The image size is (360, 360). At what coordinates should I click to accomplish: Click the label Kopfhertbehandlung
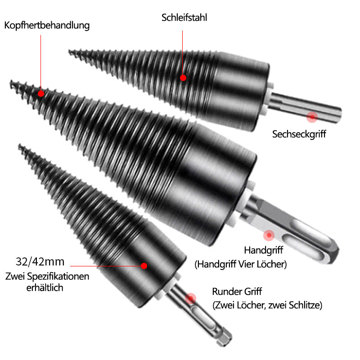47,25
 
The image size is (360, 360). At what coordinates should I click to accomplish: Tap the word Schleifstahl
184,18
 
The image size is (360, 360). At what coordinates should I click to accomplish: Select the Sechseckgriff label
299,134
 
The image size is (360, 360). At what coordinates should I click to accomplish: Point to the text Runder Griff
237,291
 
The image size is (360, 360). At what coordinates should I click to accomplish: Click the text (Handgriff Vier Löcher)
240,264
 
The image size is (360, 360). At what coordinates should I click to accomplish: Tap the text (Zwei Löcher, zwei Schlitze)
267,305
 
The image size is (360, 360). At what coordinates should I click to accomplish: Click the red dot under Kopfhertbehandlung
41,94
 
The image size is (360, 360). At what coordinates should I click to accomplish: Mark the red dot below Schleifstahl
183,78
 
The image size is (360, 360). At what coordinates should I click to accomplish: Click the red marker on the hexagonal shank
311,117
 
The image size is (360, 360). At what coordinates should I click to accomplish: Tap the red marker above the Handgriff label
269,235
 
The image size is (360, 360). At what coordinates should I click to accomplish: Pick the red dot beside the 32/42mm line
144,266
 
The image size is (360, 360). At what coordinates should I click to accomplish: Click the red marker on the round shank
191,297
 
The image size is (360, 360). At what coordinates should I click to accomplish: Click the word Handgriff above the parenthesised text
265,250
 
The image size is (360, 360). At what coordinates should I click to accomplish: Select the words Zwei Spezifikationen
47,276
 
